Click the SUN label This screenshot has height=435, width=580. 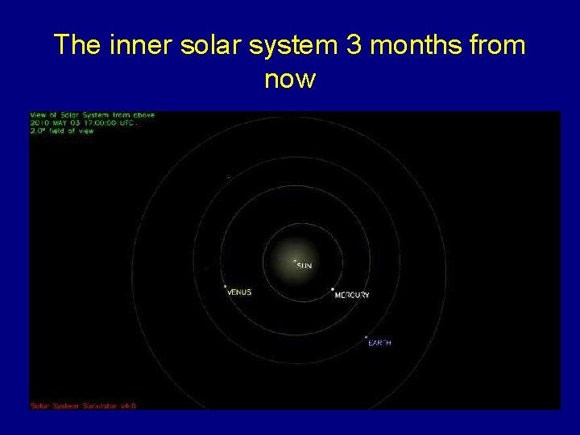(x=304, y=266)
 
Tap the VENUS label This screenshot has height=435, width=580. (x=239, y=292)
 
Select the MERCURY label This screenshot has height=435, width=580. (x=352, y=296)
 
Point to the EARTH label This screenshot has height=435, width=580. (x=379, y=343)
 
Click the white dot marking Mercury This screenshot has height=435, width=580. (x=332, y=289)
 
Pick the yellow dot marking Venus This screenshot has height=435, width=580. (x=225, y=286)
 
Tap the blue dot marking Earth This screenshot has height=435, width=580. (x=366, y=337)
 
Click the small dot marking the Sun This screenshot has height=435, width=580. (x=295, y=261)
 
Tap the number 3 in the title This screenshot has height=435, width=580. (x=354, y=45)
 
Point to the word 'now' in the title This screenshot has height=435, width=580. (x=290, y=80)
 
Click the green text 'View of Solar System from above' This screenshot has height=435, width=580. (x=92, y=114)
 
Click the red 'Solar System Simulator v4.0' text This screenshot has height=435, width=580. (x=83, y=405)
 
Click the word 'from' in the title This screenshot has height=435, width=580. (x=499, y=45)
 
